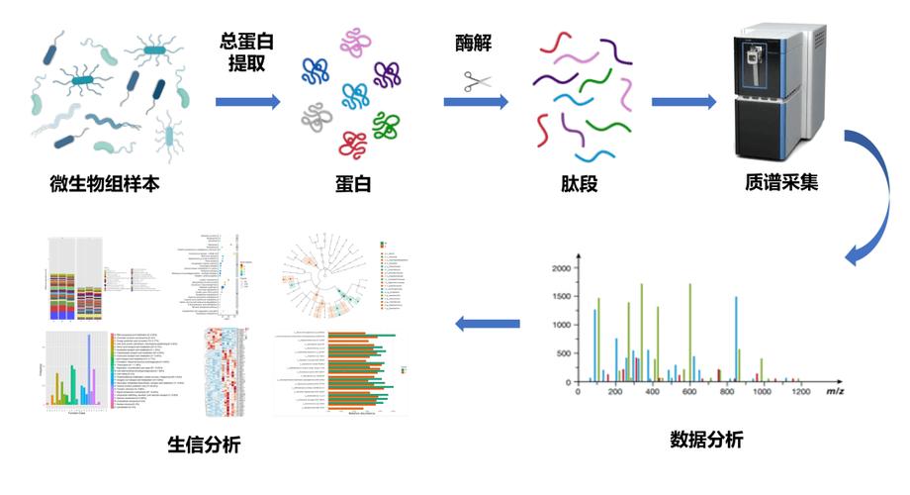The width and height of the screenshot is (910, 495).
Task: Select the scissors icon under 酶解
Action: coord(474,80)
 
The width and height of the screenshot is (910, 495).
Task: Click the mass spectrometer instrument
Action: coord(781,94)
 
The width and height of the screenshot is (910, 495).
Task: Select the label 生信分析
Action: coord(204,444)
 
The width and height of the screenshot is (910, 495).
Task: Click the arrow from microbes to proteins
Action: coord(248,101)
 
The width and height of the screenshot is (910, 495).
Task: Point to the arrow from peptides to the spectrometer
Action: coord(683,101)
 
